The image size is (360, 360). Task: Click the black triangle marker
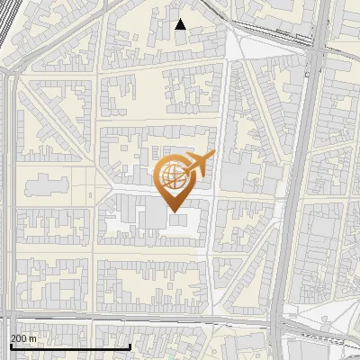coord(181,24)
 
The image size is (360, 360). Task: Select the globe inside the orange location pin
coord(171,175)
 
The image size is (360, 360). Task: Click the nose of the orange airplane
coord(212,156)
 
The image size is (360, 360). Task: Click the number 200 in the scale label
coord(20,338)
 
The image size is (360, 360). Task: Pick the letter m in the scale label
coord(33,338)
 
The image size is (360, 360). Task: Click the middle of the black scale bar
coord(70,346)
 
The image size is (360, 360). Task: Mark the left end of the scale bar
coord(10,346)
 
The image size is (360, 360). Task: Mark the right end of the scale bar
coord(131,346)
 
